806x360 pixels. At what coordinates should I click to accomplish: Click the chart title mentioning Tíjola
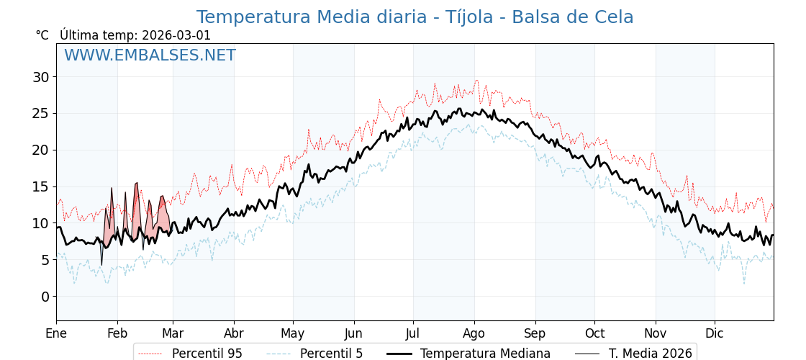pos(415,17)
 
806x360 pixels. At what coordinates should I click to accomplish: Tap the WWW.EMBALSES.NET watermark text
pos(150,55)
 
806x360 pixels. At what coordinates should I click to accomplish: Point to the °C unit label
pos(42,35)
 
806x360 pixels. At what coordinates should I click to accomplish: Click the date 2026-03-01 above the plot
pos(176,35)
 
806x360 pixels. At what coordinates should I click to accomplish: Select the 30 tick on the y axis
pos(40,77)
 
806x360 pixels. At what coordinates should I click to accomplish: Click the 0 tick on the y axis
pos(45,297)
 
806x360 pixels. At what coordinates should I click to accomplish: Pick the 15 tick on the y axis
pos(40,186)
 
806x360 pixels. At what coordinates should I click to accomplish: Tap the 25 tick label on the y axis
pos(40,113)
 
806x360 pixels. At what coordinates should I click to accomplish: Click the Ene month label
pos(56,333)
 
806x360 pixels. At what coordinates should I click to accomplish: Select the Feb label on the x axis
pos(117,333)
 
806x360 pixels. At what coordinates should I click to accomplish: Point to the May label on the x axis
pos(293,333)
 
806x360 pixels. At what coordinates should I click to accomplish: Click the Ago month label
pos(474,333)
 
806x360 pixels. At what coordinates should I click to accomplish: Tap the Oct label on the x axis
pos(594,333)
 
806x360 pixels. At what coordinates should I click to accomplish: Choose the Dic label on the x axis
pos(715,333)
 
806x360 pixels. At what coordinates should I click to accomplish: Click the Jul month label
pos(413,333)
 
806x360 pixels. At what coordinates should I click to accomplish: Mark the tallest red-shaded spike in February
pos(136,186)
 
